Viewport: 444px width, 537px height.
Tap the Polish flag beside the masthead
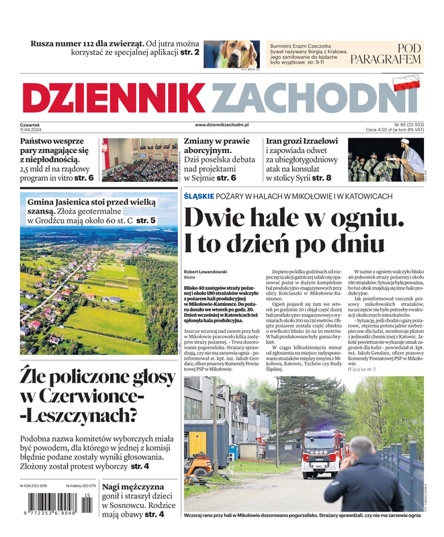pos(405,84)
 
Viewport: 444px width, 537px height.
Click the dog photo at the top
pos(230,54)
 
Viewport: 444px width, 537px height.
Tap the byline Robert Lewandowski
pos(206,271)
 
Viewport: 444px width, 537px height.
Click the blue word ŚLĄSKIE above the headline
pos(199,196)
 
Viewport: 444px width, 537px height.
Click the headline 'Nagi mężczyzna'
pos(132,487)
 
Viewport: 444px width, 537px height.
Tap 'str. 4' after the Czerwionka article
pos(140,466)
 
